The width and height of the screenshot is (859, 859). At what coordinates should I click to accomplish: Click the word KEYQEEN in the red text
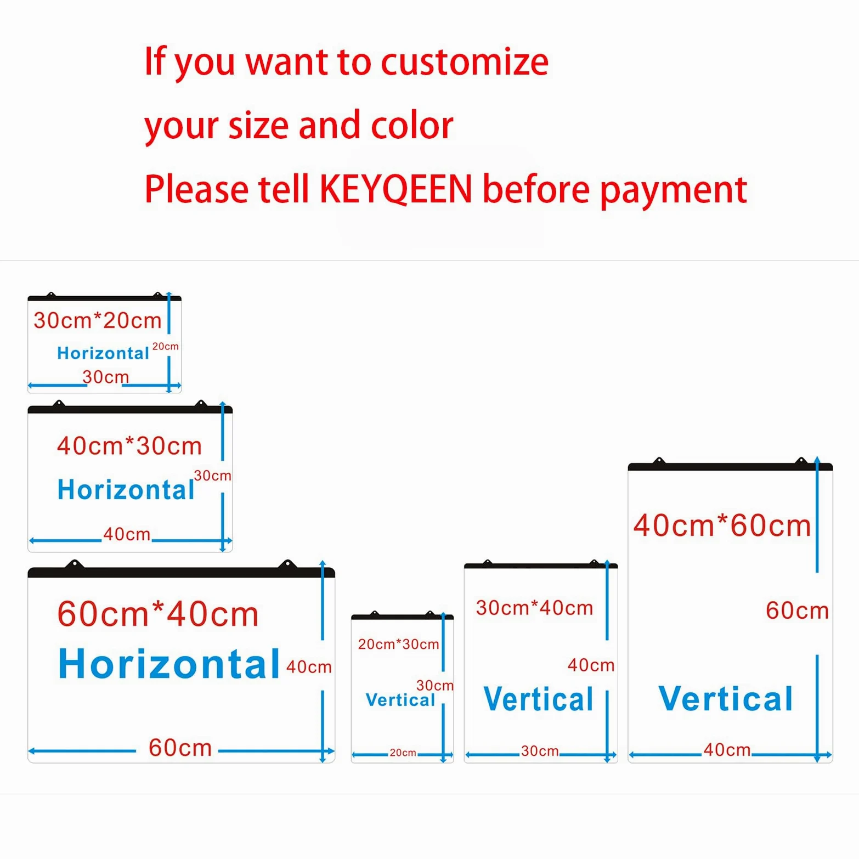tap(395, 189)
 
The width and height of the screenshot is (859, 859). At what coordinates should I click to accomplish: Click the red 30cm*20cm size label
tap(98, 320)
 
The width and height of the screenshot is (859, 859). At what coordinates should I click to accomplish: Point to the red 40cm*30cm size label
tap(129, 446)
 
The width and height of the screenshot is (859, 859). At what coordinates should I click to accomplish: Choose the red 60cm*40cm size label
tap(158, 614)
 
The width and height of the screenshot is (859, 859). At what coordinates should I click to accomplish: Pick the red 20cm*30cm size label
tap(398, 644)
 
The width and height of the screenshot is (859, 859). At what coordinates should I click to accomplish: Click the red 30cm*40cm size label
tap(534, 608)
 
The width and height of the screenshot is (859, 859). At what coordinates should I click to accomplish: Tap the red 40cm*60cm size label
tap(722, 525)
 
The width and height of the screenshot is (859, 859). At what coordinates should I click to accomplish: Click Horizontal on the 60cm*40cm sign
tap(169, 664)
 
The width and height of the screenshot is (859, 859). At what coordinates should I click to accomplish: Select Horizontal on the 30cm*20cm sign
tap(103, 353)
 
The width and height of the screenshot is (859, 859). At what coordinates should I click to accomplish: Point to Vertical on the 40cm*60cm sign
tap(726, 699)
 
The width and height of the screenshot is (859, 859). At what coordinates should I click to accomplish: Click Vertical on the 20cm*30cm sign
tap(400, 700)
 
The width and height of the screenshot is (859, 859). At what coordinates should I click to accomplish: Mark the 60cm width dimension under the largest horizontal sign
tap(180, 748)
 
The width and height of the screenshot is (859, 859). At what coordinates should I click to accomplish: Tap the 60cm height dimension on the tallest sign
tap(797, 611)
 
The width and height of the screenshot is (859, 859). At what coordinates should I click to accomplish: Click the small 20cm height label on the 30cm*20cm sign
tap(166, 347)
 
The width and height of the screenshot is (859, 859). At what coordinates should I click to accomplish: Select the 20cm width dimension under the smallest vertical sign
tap(403, 753)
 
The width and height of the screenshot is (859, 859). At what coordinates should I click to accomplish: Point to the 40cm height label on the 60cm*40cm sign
tap(309, 667)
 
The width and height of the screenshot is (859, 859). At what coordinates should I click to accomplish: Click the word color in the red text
tap(412, 126)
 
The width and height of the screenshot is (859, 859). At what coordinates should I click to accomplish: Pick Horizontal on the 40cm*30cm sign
tap(126, 489)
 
